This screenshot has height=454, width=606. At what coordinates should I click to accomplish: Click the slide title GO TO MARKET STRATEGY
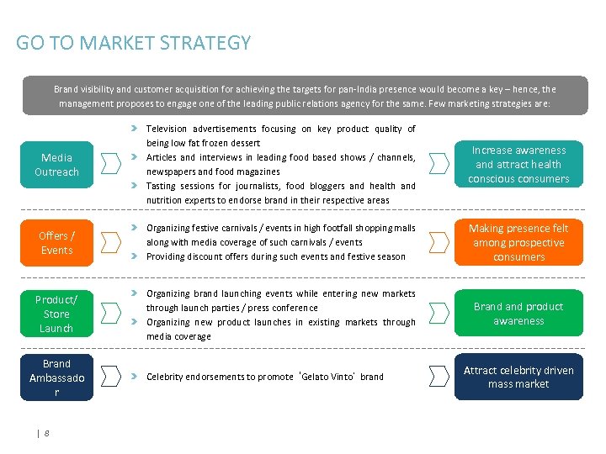(133, 43)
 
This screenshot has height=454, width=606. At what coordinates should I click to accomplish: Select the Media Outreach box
(56, 165)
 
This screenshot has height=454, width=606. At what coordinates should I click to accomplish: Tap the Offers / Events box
(56, 243)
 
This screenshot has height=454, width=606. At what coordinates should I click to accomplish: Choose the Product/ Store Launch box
(56, 314)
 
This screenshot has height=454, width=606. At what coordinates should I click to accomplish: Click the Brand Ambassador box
(56, 377)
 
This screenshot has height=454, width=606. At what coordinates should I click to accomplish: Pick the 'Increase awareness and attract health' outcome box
(518, 164)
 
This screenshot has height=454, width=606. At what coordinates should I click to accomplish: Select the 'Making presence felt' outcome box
(518, 242)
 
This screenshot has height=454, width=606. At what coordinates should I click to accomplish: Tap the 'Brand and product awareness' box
(518, 314)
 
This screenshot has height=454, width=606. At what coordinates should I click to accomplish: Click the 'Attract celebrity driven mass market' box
(518, 377)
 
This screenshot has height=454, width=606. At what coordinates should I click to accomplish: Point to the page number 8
(46, 433)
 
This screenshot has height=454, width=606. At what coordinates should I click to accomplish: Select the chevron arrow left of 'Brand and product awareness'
(439, 314)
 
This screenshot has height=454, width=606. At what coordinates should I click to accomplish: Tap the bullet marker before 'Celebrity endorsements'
(134, 377)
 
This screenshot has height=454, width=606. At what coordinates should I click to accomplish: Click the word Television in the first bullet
(167, 129)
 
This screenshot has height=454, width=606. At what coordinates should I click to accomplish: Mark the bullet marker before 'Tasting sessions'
(134, 186)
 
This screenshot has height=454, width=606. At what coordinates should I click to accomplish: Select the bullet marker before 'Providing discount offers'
(134, 256)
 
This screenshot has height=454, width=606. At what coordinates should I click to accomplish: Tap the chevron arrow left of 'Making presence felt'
(439, 242)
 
